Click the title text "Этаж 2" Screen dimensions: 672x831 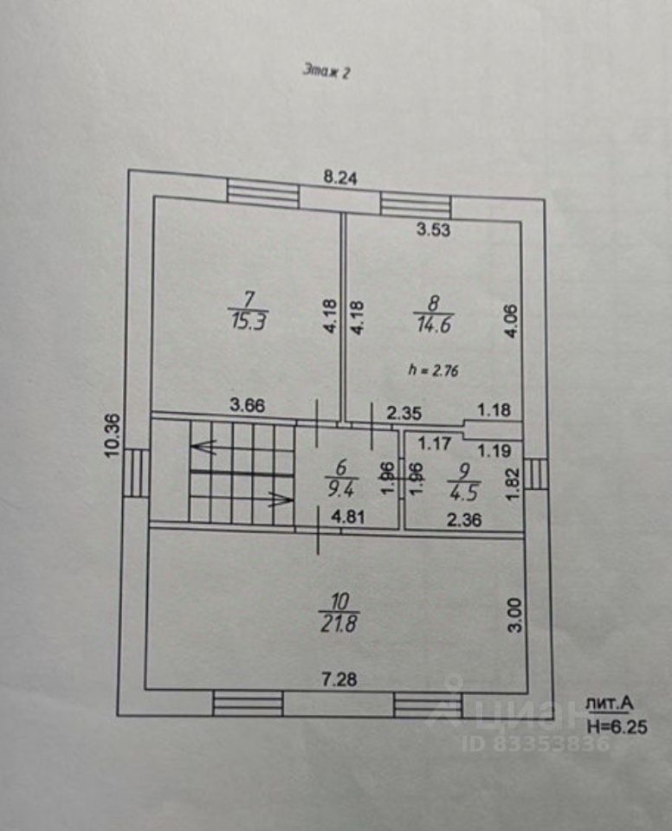[x=326, y=73]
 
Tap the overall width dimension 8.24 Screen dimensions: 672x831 [x=340, y=178]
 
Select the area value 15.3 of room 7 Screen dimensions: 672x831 [x=249, y=321]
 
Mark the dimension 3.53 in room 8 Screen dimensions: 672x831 [x=433, y=230]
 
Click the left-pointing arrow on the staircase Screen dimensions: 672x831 [x=204, y=448]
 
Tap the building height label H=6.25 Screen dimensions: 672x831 [x=616, y=728]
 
